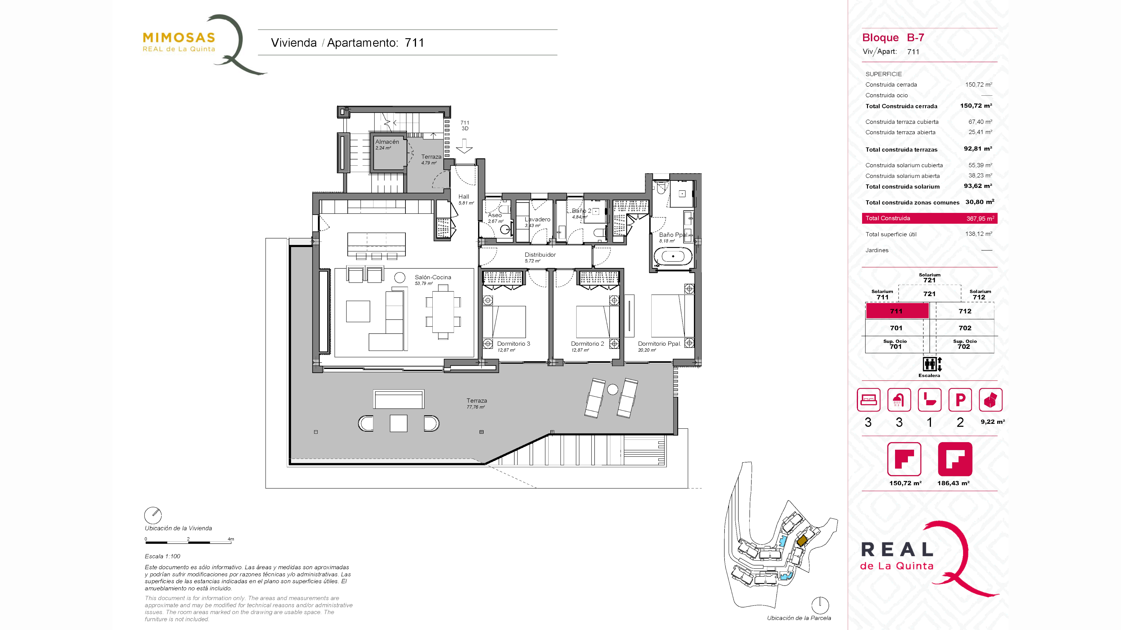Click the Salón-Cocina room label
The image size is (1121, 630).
433,277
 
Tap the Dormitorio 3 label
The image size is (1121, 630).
513,344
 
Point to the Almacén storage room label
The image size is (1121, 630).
387,142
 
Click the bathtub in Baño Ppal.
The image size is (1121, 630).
673,257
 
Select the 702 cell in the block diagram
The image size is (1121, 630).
965,328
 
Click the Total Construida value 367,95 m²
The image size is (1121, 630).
980,218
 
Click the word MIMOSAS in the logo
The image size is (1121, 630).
179,38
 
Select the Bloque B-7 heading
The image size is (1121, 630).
893,38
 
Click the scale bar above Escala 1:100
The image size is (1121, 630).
189,542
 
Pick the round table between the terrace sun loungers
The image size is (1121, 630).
612,390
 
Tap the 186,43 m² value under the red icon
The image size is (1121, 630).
953,483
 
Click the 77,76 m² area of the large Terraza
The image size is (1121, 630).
476,407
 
